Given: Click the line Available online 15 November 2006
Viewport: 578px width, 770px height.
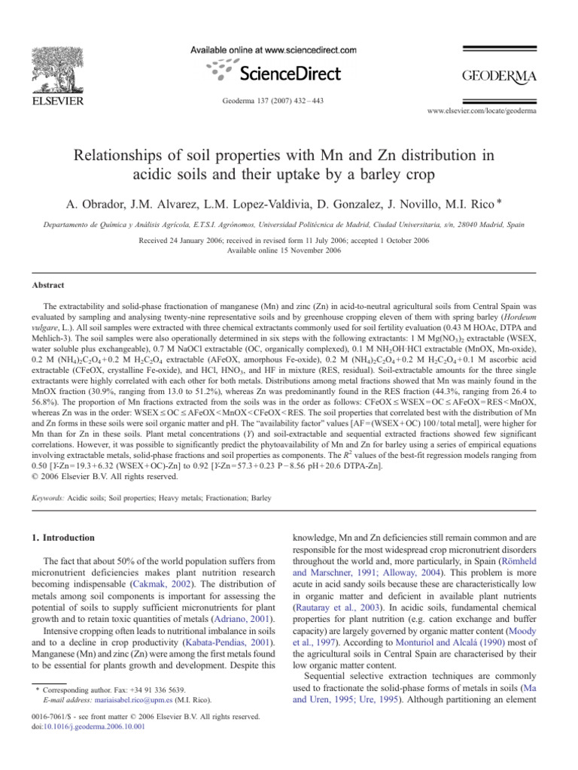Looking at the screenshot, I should point(288,249).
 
